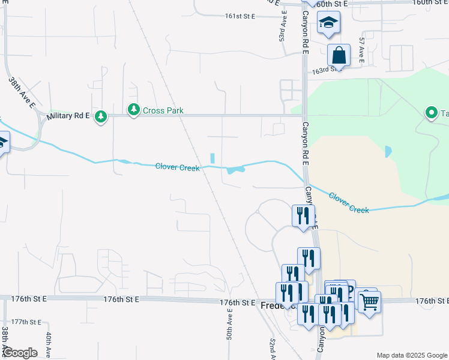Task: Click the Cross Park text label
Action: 163,110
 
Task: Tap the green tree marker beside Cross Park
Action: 133,110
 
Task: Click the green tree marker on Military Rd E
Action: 101,116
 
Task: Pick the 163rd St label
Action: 324,70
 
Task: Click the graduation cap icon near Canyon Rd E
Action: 328,23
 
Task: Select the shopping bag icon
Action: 339,55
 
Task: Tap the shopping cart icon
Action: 369,301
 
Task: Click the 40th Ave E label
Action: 49,344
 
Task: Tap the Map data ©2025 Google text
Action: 411,355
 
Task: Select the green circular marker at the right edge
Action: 430,112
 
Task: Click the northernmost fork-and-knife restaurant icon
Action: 303,215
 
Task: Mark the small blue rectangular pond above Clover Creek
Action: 212,158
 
